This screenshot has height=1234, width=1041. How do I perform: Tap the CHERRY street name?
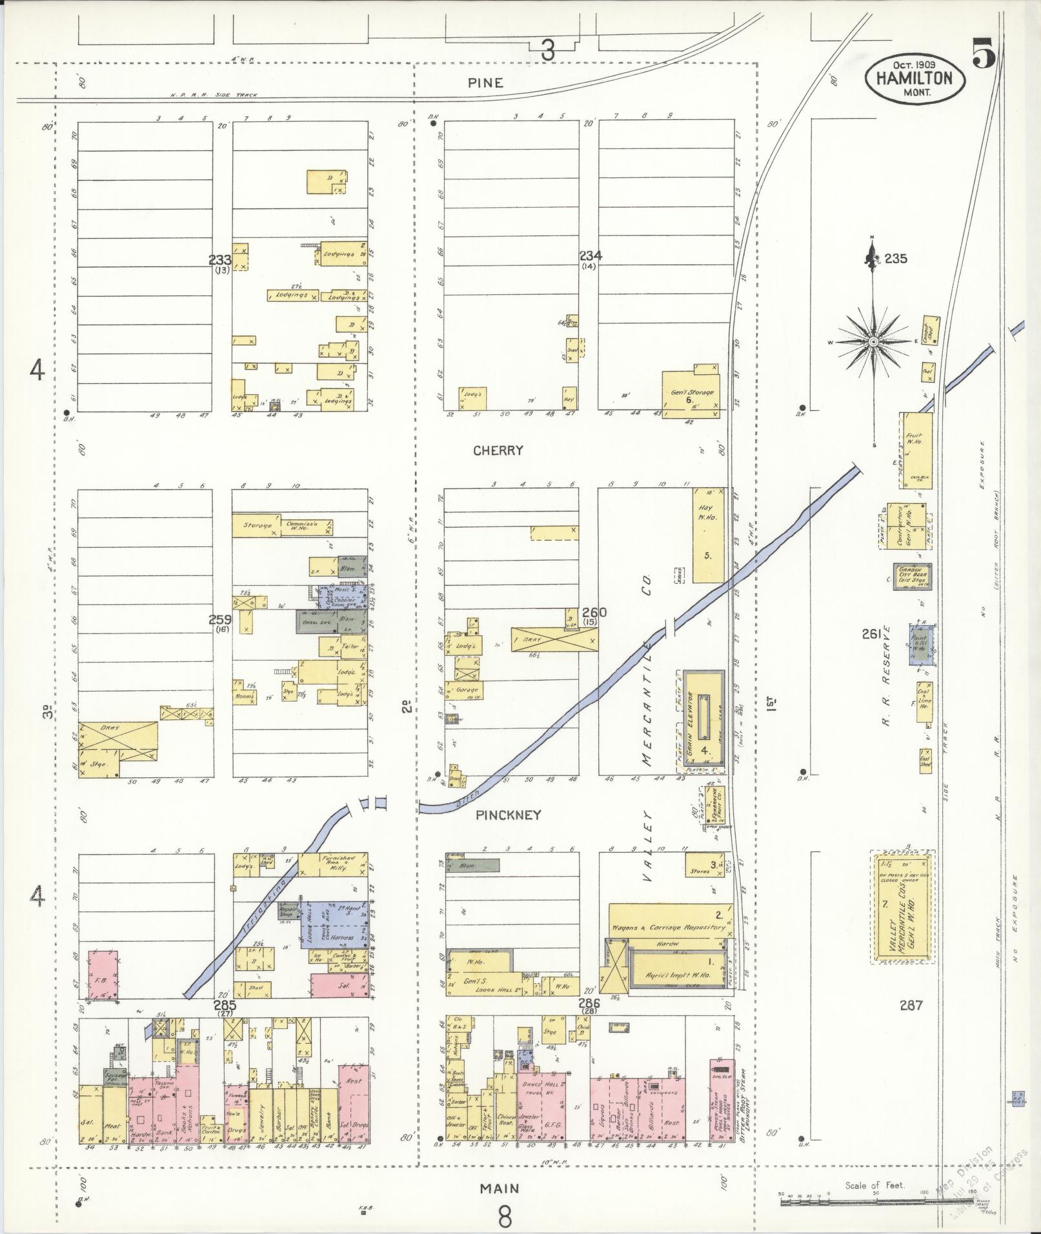[x=498, y=450]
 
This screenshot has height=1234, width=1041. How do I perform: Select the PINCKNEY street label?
[x=508, y=815]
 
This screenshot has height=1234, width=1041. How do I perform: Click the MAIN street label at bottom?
[x=500, y=1188]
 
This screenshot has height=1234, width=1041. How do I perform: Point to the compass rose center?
[x=873, y=341]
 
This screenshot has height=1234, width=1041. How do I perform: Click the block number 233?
[x=219, y=260]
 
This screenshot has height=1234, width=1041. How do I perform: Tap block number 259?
[x=219, y=619]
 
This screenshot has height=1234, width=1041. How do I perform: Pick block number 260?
[x=593, y=612]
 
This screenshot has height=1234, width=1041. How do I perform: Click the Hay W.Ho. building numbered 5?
[x=708, y=535]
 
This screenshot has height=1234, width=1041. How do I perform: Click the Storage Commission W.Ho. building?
[x=283, y=526]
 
